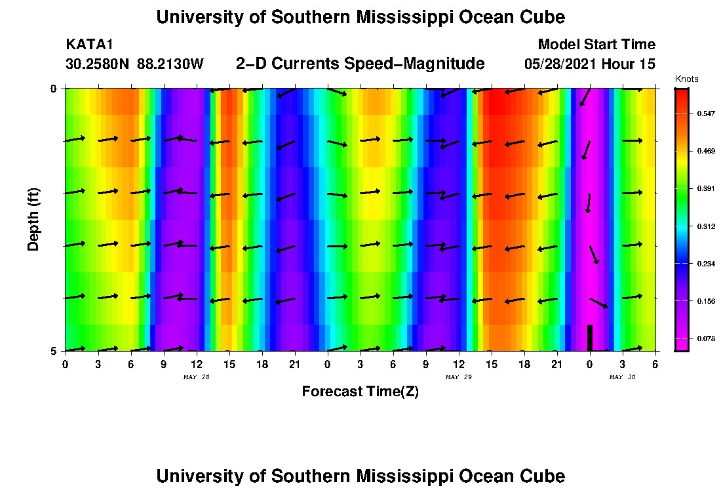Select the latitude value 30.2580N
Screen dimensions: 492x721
pyautogui.click(x=98, y=64)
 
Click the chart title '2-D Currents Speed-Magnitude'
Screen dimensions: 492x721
pyautogui.click(x=360, y=64)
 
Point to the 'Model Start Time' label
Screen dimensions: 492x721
pyautogui.click(x=596, y=45)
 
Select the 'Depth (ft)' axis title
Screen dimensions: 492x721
pyautogui.click(x=34, y=219)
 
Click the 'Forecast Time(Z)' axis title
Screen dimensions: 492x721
pyautogui.click(x=360, y=392)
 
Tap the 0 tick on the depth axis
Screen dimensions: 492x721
pyautogui.click(x=54, y=89)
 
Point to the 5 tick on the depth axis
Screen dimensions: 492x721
pyautogui.click(x=54, y=351)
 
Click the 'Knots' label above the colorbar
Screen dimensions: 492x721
pyautogui.click(x=686, y=79)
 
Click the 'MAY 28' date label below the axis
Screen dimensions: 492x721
pyautogui.click(x=196, y=377)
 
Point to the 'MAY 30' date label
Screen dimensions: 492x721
pyautogui.click(x=622, y=377)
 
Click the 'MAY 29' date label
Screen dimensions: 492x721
pyautogui.click(x=458, y=377)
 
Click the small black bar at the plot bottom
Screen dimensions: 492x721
pyautogui.click(x=589, y=338)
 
